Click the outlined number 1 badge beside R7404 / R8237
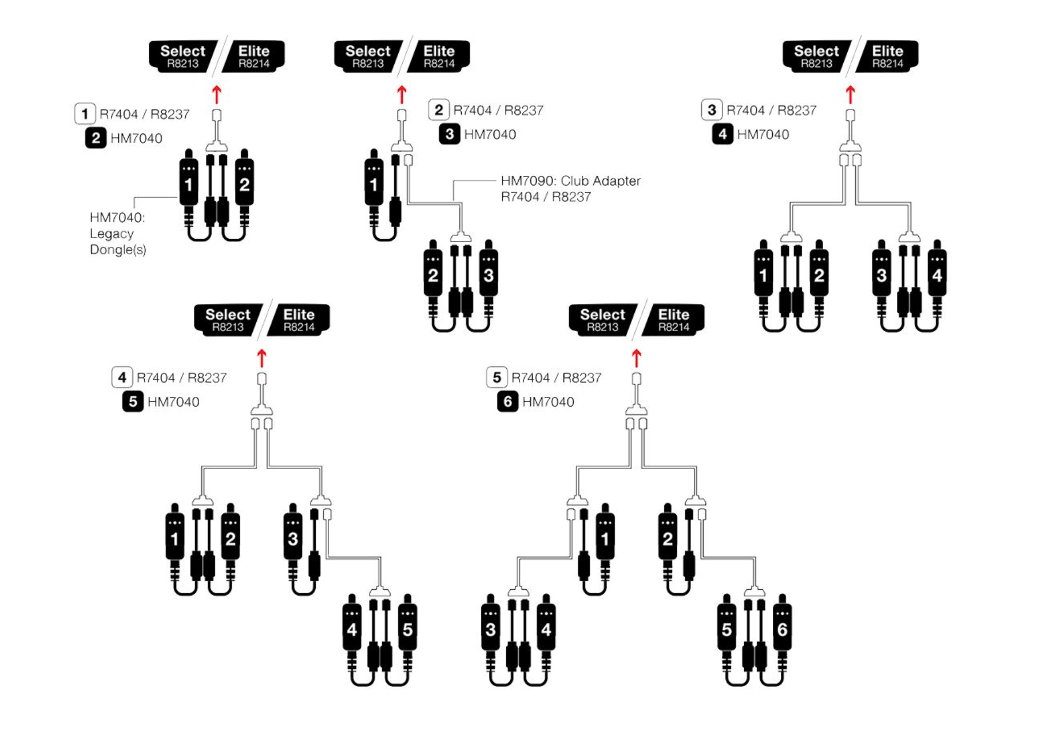pyautogui.click(x=85, y=113)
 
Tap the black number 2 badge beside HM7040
pyautogui.click(x=96, y=138)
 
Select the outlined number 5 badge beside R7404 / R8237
pyautogui.click(x=496, y=377)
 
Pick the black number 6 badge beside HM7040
pyautogui.click(x=507, y=401)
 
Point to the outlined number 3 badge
pyautogui.click(x=711, y=110)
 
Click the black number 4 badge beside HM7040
pyautogui.click(x=722, y=134)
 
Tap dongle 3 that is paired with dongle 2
pyautogui.click(x=488, y=275)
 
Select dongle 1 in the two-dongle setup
pyautogui.click(x=188, y=184)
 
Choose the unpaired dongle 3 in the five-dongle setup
pyautogui.click(x=292, y=538)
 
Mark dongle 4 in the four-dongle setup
pyautogui.click(x=936, y=275)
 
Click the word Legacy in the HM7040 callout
pyautogui.click(x=112, y=234)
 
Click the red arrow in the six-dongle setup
pyautogui.click(x=636, y=358)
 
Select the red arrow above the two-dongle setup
pyautogui.click(x=216, y=94)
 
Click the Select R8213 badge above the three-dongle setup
pyautogui.click(x=367, y=56)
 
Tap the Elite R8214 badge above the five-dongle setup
pyautogui.click(x=299, y=320)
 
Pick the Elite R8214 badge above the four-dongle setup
pyautogui.click(x=887, y=56)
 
